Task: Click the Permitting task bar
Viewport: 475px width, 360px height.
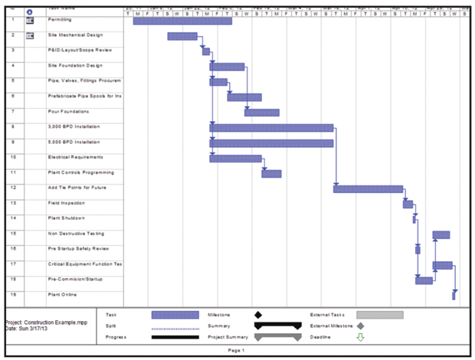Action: coord(182,21)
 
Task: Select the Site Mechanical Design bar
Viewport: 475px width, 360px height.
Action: coord(182,36)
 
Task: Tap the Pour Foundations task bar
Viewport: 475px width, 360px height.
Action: coord(261,113)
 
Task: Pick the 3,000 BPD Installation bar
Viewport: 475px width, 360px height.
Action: coord(271,128)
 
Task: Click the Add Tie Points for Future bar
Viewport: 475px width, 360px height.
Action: coord(368,188)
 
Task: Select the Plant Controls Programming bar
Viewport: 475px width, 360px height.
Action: coord(271,173)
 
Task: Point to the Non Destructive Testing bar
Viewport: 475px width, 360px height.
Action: coord(441,234)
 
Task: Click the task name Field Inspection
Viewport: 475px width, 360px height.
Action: coord(67,203)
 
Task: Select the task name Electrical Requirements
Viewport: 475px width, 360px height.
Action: coord(75,157)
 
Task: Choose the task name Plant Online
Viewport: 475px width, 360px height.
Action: coord(62,294)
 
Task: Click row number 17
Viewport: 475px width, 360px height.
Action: coord(14,263)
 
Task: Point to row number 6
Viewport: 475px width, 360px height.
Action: coord(14,96)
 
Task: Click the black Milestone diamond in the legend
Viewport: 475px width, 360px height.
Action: coord(257,314)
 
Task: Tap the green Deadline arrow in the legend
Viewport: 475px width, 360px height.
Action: coord(361,337)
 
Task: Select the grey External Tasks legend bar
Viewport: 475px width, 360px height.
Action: coord(379,314)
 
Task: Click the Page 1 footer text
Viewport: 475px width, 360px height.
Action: coord(236,351)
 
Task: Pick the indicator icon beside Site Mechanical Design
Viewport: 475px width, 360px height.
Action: coord(31,36)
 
